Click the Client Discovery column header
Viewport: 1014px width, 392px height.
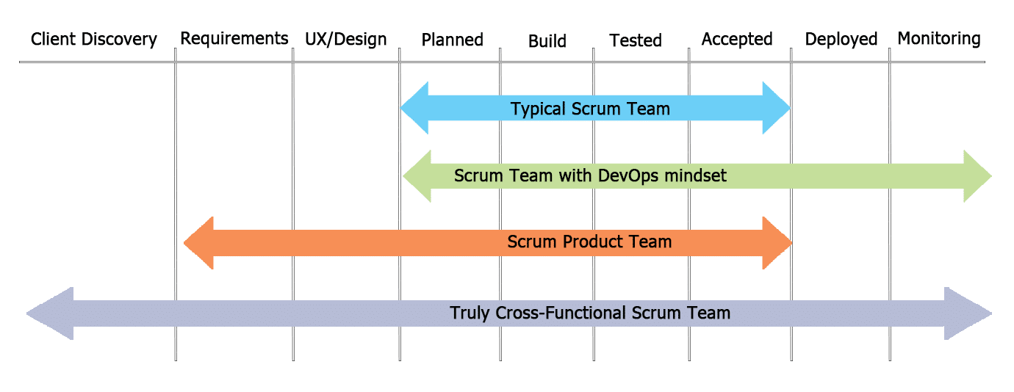click(x=94, y=39)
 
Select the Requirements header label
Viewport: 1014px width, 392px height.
click(x=234, y=38)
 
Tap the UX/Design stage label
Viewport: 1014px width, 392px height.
click(x=345, y=39)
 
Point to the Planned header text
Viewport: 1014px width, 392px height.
click(x=453, y=40)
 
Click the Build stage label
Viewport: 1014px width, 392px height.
click(x=547, y=40)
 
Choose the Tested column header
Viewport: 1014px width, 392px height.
click(x=636, y=40)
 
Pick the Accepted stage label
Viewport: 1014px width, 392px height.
click(x=737, y=39)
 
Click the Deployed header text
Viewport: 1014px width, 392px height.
click(x=841, y=39)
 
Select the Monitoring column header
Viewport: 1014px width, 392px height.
click(x=939, y=38)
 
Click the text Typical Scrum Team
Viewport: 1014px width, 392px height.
click(x=590, y=109)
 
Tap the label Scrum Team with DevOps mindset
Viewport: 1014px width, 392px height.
click(x=590, y=176)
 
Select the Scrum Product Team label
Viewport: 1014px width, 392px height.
click(x=589, y=242)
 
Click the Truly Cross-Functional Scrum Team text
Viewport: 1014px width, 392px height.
click(x=590, y=313)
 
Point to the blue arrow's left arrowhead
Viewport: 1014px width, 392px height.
click(x=415, y=109)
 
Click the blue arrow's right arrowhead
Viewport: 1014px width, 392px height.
click(x=775, y=109)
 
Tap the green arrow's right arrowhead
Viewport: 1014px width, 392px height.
click(x=977, y=176)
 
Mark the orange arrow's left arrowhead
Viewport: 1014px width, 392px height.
click(x=199, y=242)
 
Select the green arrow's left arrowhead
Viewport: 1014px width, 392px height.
click(x=417, y=176)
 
